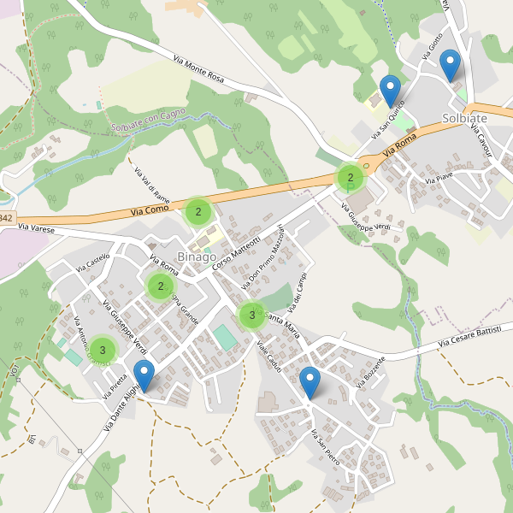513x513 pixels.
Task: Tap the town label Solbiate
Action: click(464, 118)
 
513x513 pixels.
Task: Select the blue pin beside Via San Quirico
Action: click(390, 91)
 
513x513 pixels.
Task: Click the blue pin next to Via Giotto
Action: click(449, 65)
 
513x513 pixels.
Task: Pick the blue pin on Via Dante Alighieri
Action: click(144, 376)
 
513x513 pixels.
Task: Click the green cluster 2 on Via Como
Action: click(198, 212)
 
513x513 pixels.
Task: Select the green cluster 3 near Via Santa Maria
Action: click(252, 315)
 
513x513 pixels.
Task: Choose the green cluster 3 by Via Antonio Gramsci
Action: click(103, 350)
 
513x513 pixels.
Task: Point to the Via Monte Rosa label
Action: click(198, 70)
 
